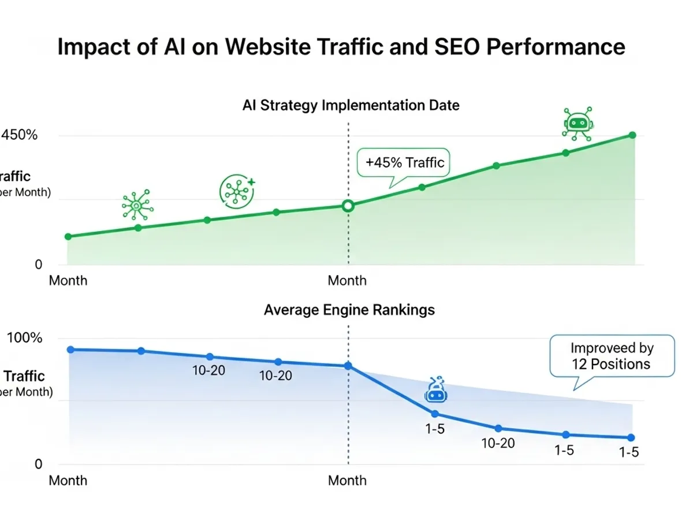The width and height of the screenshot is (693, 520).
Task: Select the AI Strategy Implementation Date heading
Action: [x=351, y=105]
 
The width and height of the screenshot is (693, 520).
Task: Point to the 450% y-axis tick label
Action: [x=20, y=135]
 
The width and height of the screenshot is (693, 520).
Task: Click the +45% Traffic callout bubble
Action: [x=404, y=162]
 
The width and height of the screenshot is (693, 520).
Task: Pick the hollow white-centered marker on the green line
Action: [x=348, y=206]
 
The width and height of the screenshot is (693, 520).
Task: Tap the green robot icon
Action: [x=577, y=123]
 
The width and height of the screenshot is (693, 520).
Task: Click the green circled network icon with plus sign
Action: [x=237, y=191]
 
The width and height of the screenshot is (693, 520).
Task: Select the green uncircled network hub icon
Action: [x=137, y=205]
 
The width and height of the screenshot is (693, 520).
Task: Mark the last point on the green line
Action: [x=632, y=135]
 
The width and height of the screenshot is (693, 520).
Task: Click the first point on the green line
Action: [x=68, y=236]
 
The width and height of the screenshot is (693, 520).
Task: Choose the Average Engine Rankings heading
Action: [x=349, y=310]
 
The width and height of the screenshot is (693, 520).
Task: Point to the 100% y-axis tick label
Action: [x=24, y=337]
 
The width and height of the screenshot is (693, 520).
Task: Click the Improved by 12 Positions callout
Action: [x=612, y=356]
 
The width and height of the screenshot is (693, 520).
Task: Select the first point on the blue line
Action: [x=70, y=350]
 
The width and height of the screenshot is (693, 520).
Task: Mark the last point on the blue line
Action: [x=631, y=437]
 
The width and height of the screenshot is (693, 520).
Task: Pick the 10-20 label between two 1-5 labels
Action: [x=498, y=443]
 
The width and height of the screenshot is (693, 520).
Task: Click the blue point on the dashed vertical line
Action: [x=348, y=366]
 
